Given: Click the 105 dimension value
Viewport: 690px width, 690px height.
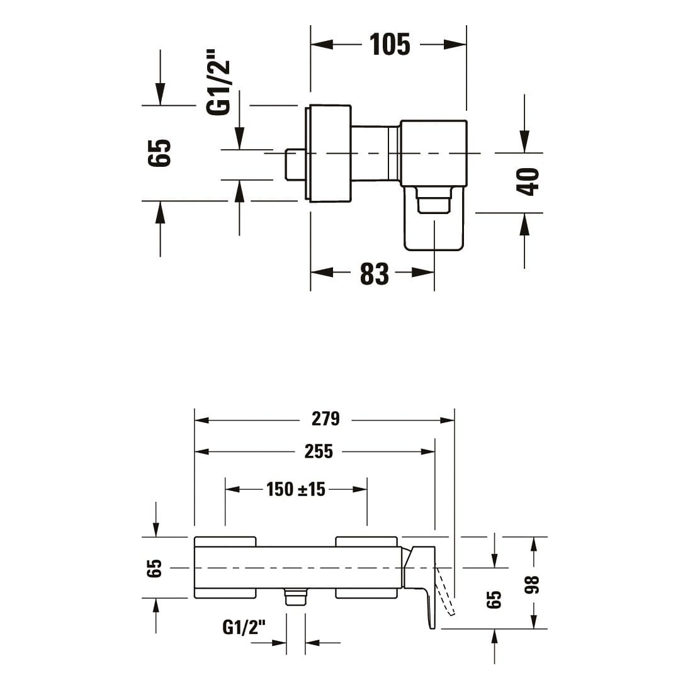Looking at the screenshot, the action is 390,45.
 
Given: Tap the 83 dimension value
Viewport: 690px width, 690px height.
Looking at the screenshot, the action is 375,273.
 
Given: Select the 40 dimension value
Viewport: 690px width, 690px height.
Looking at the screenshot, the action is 528,181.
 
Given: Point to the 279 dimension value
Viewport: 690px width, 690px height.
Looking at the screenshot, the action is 325,419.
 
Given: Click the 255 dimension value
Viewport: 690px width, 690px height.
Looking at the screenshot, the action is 319,451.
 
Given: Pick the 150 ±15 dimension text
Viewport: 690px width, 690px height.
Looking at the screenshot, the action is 296,489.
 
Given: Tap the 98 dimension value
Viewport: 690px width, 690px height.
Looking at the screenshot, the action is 532,584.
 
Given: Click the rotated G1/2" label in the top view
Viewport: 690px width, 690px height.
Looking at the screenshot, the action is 218,82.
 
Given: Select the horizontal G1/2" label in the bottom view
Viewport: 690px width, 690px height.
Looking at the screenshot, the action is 244,627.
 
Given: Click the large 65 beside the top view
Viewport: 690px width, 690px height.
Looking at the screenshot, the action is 159,153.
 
